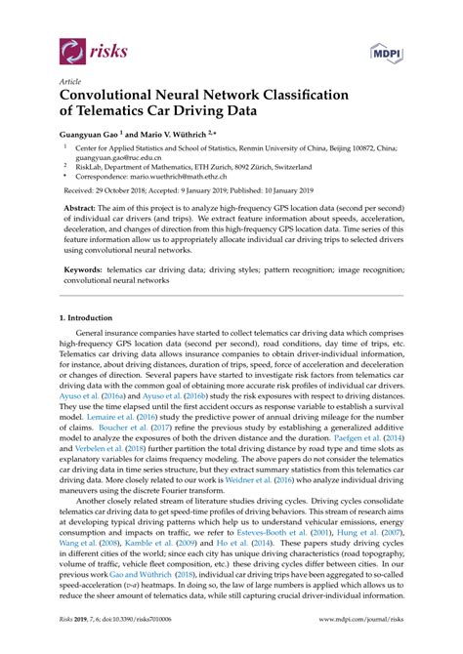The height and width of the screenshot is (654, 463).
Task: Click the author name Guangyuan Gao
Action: [91, 134]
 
